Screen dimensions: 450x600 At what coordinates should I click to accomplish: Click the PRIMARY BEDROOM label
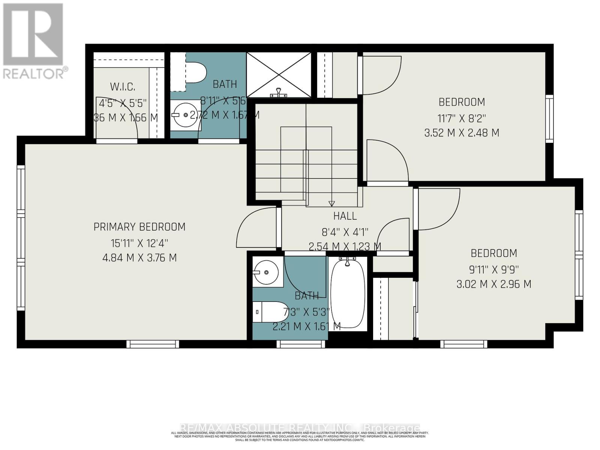click(139, 227)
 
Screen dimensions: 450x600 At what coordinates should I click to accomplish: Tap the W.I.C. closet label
click(123, 87)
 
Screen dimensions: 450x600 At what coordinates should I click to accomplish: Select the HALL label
click(345, 216)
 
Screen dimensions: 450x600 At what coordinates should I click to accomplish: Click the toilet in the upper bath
click(196, 72)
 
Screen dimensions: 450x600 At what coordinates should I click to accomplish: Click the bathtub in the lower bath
click(348, 293)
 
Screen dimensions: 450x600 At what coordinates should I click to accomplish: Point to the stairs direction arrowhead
click(331, 204)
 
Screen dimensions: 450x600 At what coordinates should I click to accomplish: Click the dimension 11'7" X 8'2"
click(462, 118)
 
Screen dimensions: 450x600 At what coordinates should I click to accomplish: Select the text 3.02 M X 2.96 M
click(493, 284)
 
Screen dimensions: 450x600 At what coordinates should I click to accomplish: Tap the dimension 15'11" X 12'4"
click(139, 243)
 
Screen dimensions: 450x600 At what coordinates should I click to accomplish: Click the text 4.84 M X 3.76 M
click(139, 258)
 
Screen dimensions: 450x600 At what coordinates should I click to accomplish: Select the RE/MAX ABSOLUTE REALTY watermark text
click(300, 428)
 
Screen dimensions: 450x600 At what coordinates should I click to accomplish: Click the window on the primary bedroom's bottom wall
click(153, 344)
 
